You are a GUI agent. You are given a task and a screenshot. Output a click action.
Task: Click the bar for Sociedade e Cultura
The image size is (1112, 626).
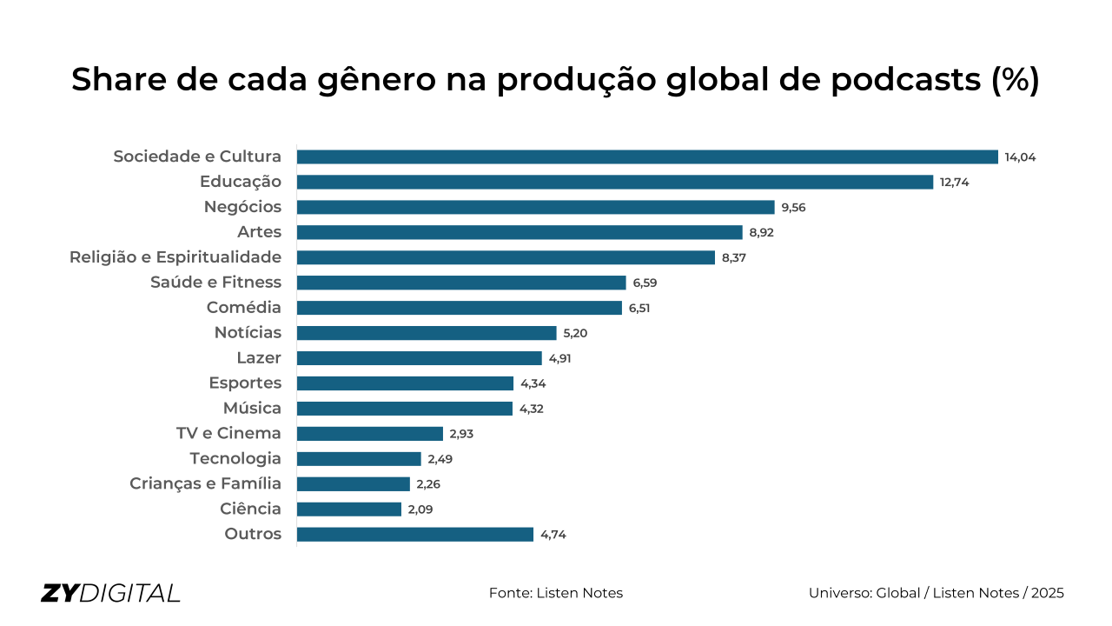pyautogui.click(x=647, y=157)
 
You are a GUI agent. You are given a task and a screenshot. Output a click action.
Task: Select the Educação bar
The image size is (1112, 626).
pyautogui.click(x=614, y=183)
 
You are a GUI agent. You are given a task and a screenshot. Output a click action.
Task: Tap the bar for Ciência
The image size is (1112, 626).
pyautogui.click(x=349, y=509)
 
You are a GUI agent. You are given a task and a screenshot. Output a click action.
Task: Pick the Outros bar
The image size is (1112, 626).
pyautogui.click(x=415, y=535)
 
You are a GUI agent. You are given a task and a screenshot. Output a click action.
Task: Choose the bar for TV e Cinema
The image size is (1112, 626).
pyautogui.click(x=370, y=434)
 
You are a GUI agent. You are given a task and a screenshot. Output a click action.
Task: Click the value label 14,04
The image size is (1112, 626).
pyautogui.click(x=1021, y=157)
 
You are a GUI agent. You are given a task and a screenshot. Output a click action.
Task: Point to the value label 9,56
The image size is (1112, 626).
pyautogui.click(x=793, y=208)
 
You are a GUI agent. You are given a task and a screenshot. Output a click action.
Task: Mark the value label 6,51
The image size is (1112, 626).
pyautogui.click(x=641, y=308)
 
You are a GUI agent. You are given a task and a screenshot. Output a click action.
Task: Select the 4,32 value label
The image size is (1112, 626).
pyautogui.click(x=532, y=409)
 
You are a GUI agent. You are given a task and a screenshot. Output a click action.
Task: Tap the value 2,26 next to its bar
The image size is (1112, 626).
pyautogui.click(x=428, y=484)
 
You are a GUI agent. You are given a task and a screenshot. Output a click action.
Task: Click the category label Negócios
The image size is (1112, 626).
pyautogui.click(x=242, y=207)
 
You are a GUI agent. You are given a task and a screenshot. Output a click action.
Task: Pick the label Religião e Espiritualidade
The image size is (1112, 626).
pyautogui.click(x=175, y=257)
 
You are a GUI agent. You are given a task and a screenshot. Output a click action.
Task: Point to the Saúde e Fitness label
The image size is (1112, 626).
pyautogui.click(x=215, y=283)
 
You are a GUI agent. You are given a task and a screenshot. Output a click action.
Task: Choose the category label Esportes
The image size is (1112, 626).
pyautogui.click(x=245, y=383)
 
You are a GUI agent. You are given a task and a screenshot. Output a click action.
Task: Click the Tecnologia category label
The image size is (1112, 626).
pyautogui.click(x=235, y=459)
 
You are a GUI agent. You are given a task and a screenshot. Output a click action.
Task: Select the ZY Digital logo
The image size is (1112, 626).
pyautogui.click(x=110, y=593)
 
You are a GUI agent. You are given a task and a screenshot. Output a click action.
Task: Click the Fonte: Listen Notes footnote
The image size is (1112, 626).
pyautogui.click(x=556, y=593)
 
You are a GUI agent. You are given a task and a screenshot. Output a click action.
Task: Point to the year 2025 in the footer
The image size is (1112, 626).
pyautogui.click(x=1048, y=593)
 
